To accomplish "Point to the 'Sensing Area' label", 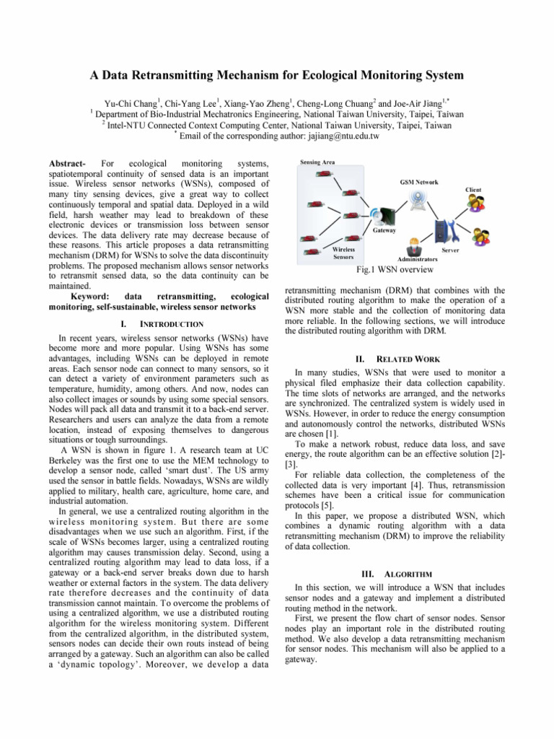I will point(317,164).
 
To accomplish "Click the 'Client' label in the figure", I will point(472,189).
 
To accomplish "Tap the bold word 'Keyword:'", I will point(92,297).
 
